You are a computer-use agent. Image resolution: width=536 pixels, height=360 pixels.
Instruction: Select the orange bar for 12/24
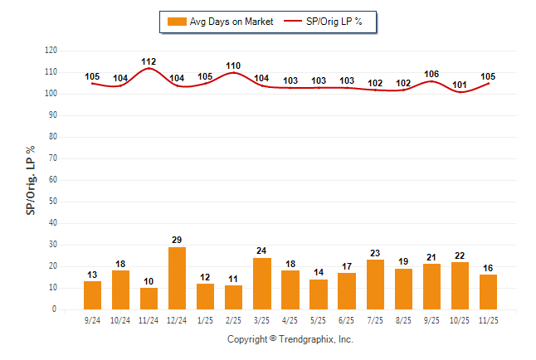pyautogui.click(x=177, y=278)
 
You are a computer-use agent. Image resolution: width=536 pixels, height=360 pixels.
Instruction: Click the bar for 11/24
pyautogui.click(x=149, y=299)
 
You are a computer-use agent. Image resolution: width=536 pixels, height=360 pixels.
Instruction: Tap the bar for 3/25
pyautogui.click(x=261, y=284)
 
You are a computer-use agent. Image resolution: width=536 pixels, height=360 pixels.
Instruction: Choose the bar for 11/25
pyautogui.click(x=487, y=292)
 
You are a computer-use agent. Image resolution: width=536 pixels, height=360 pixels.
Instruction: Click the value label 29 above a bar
pyautogui.click(x=177, y=240)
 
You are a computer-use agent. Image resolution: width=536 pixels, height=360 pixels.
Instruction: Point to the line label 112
pyautogui.click(x=149, y=61)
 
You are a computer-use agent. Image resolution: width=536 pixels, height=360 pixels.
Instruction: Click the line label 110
pyautogui.click(x=233, y=66)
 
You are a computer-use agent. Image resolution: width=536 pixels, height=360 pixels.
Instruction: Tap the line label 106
pyautogui.click(x=431, y=74)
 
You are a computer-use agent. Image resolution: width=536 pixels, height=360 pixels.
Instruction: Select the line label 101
pyautogui.click(x=459, y=85)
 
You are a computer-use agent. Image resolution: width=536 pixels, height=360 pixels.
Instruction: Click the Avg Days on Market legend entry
pyautogui.click(x=219, y=22)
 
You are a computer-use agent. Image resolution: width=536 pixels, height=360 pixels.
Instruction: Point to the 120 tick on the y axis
pyautogui.click(x=51, y=51)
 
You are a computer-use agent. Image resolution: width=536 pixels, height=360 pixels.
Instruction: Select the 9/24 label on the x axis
pyautogui.click(x=92, y=319)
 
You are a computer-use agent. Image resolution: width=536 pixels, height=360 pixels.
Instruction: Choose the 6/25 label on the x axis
pyautogui.click(x=346, y=319)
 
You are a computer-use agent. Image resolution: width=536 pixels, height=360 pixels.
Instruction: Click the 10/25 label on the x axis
pyautogui.click(x=459, y=319)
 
